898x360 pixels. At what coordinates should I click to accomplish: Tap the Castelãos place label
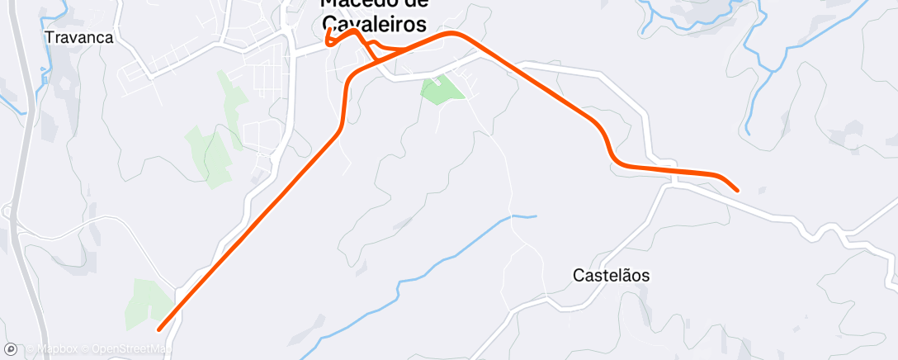(610, 276)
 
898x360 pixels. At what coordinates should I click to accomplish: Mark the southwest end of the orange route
(158, 329)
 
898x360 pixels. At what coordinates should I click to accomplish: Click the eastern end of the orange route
(737, 191)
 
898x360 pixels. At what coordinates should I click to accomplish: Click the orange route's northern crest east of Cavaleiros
(452, 34)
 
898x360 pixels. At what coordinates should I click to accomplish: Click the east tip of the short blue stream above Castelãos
(536, 216)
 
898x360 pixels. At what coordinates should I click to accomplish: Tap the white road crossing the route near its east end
(674, 178)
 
